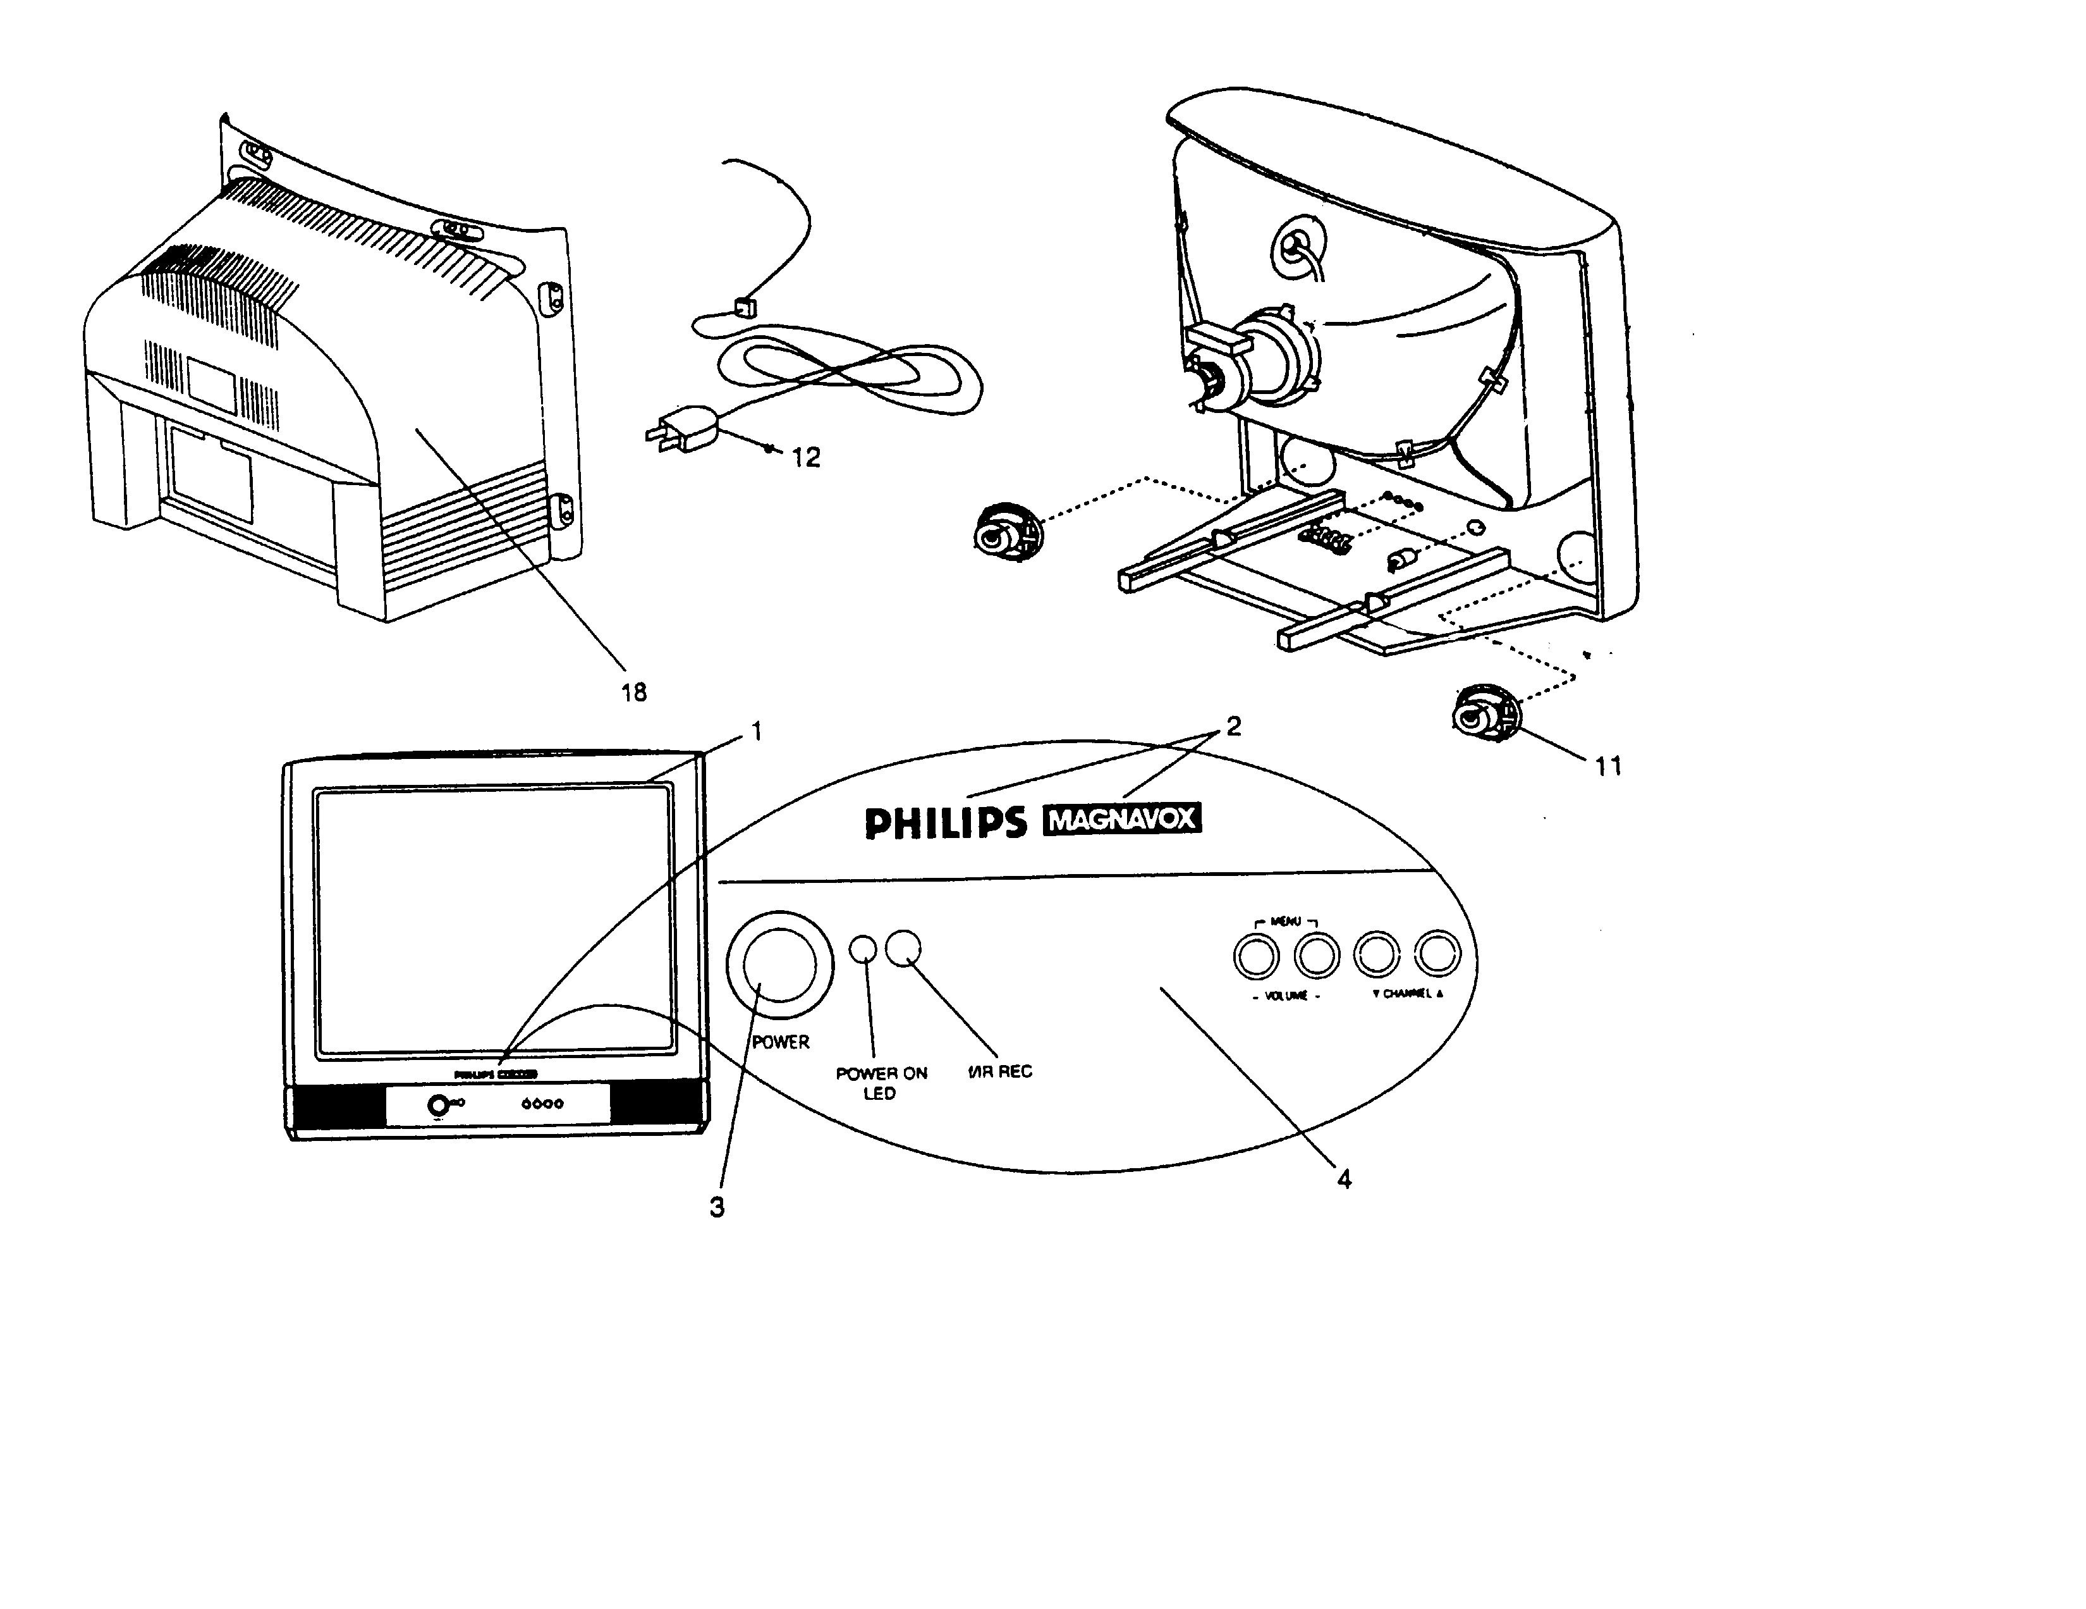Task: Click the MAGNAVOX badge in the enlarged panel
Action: coord(1122,820)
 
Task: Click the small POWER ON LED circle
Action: coord(862,948)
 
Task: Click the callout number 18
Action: coord(634,693)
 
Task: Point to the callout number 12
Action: coord(806,459)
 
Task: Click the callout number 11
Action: coord(1609,767)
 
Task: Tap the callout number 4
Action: coord(1344,1180)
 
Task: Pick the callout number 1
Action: coord(757,732)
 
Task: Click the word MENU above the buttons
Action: coord(1286,921)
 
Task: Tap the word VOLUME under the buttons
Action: coord(1286,996)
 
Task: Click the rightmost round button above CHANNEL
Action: coord(1437,954)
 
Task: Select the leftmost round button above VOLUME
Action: coord(1256,956)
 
